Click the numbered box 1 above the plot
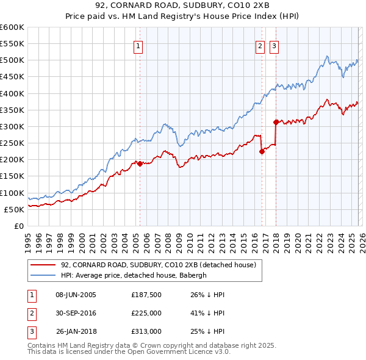[139, 46]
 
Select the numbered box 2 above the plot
[260, 46]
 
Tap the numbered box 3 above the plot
[274, 46]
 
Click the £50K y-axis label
[15, 209]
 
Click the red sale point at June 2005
[140, 164]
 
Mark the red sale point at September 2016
[262, 151]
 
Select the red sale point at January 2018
[276, 122]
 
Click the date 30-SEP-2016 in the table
[76, 313]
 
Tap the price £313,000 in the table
[146, 331]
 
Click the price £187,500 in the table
[146, 295]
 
